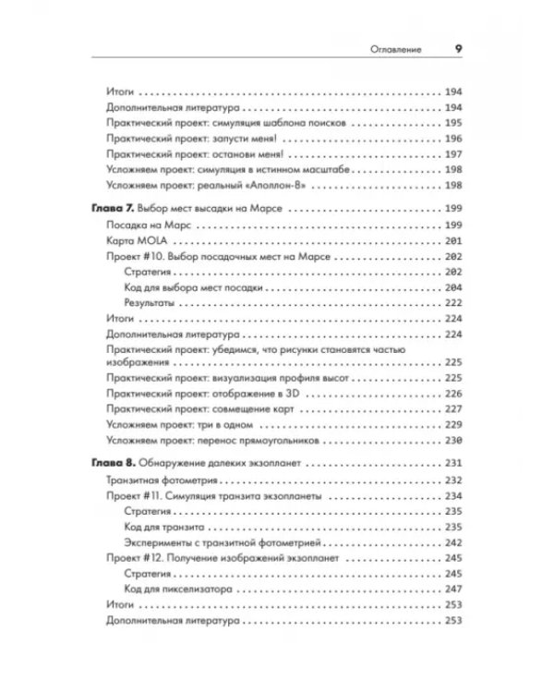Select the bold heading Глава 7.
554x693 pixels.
click(x=120, y=210)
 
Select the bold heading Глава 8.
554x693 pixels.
click(x=120, y=462)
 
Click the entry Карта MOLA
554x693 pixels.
click(x=132, y=240)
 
